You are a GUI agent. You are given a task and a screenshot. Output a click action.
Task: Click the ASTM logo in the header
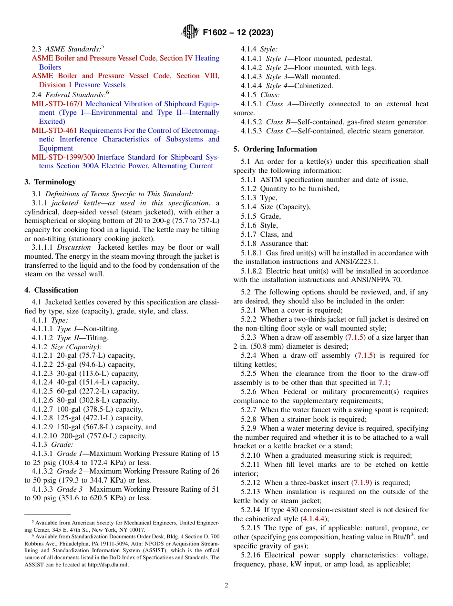(191, 32)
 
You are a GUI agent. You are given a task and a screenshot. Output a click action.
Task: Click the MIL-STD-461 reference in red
(54, 131)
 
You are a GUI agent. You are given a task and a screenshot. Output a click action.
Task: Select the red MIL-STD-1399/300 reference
(63, 157)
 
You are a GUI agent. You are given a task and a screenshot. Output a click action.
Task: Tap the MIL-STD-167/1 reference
(57, 103)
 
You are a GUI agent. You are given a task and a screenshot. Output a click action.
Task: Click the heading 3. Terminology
(50, 182)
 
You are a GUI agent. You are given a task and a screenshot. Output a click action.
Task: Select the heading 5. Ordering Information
(275, 149)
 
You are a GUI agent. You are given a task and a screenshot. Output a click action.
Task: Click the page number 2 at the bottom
(226, 586)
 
